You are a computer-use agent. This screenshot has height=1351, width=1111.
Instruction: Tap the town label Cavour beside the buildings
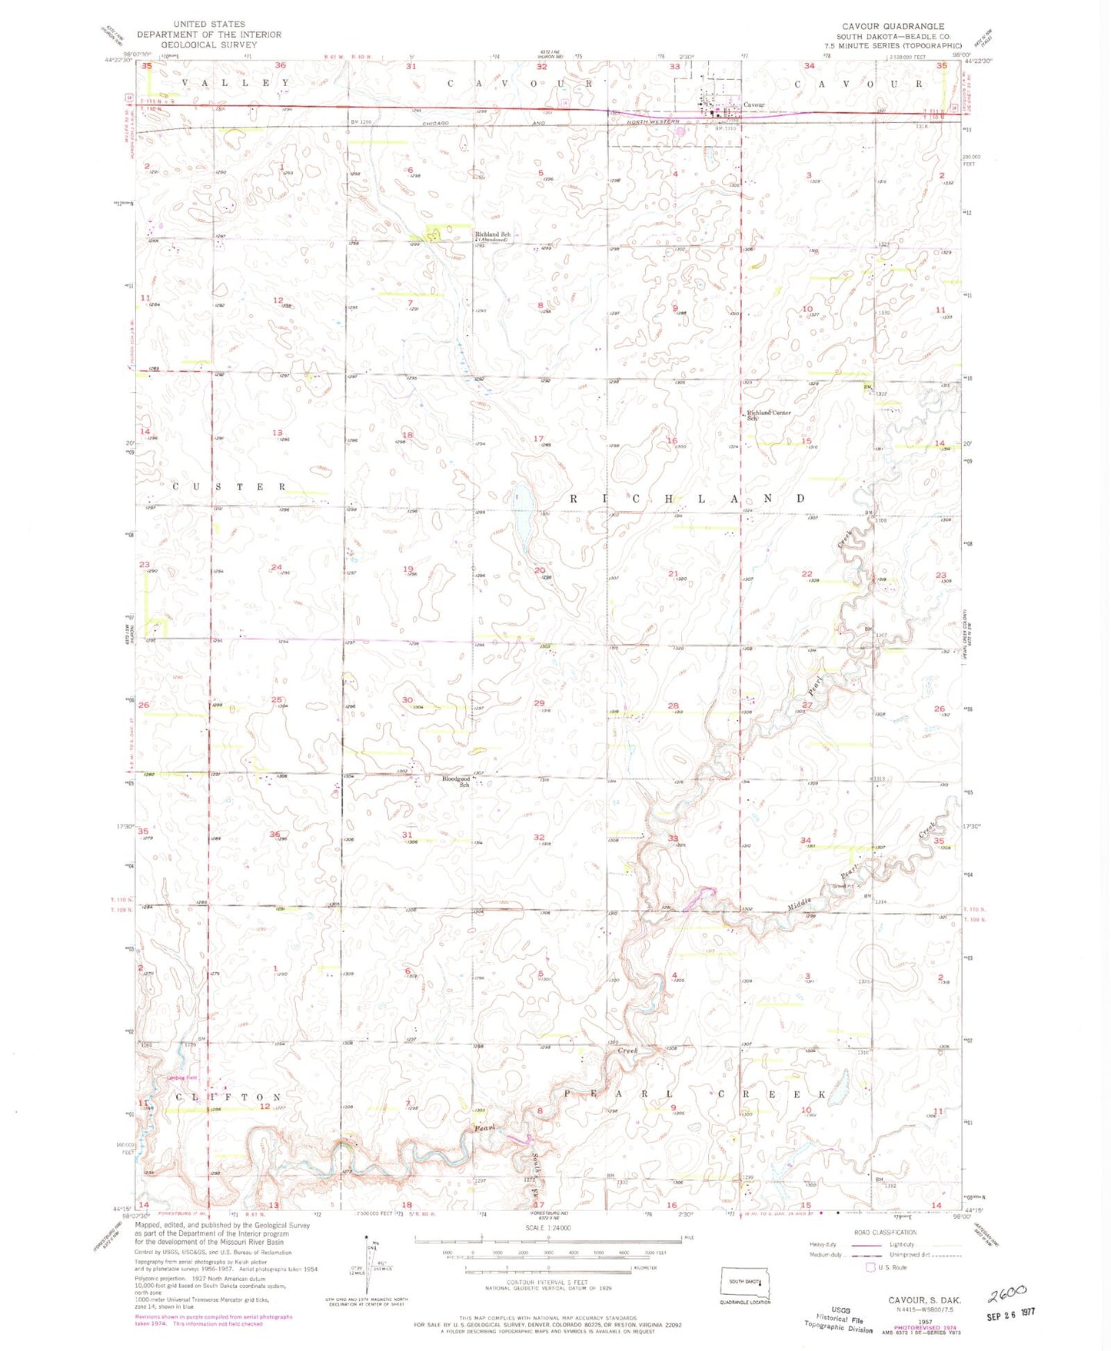753,105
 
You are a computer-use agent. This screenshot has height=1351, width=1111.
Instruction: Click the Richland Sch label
492,234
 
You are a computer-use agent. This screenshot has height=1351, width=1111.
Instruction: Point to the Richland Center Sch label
768,415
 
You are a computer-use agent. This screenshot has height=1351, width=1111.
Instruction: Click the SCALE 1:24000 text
547,1228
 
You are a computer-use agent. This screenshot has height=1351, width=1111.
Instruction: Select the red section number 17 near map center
538,439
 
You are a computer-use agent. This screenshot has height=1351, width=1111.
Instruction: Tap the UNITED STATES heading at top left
209,25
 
